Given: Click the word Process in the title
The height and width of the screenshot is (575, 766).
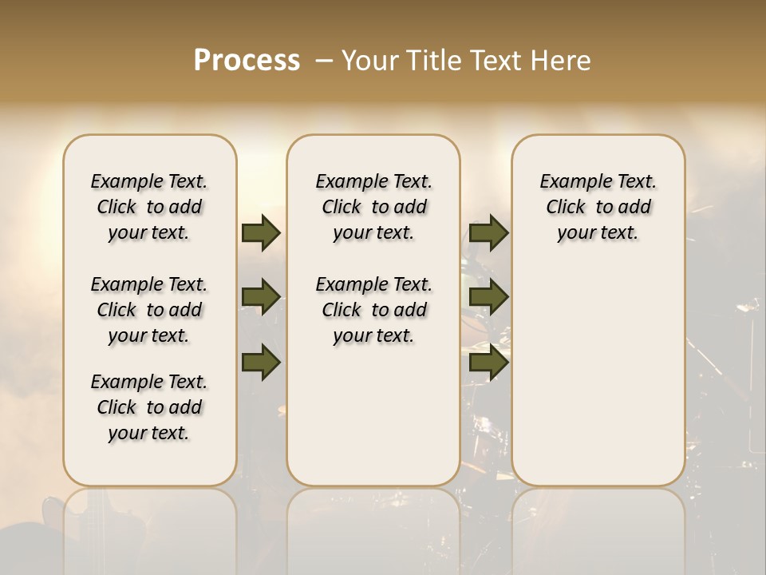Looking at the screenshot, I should click(x=247, y=60).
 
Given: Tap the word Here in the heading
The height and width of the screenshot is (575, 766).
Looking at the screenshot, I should click(x=559, y=60).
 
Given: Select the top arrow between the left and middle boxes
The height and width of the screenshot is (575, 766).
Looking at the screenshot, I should click(x=261, y=232).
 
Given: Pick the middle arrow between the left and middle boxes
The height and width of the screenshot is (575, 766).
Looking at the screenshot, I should click(x=261, y=297).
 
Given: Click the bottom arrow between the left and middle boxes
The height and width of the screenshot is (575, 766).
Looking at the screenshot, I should click(x=261, y=363).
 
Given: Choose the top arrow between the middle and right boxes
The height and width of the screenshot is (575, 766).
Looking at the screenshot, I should click(x=488, y=232).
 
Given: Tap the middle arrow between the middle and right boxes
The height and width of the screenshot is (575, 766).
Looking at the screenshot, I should click(x=488, y=297).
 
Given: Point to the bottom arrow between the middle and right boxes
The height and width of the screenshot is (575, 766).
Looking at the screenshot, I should click(x=488, y=363).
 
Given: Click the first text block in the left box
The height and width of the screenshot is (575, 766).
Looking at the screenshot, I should click(x=149, y=207).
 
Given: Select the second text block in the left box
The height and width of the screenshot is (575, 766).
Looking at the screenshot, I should click(x=149, y=310).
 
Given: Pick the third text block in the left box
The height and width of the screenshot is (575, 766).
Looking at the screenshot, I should click(x=149, y=407).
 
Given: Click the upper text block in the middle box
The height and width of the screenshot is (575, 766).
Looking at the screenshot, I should click(x=373, y=207).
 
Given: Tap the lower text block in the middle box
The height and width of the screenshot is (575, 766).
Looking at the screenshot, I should click(x=373, y=310).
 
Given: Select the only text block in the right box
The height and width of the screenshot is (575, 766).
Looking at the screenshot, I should click(x=598, y=207).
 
